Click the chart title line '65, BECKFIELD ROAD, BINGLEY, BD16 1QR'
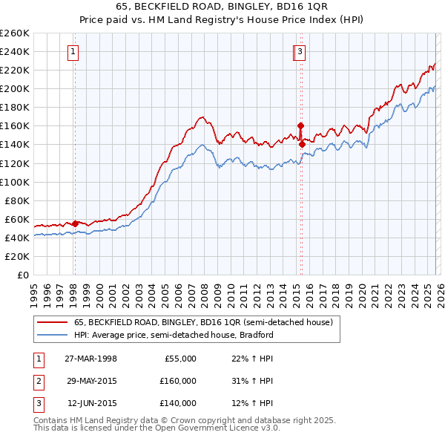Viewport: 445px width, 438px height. tap(222, 7)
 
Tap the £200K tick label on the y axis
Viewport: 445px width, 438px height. tap(15, 88)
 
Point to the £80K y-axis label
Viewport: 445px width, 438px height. tap(17, 200)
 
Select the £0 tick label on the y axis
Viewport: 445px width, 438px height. tap(22, 275)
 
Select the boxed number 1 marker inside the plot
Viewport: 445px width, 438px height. tap(74, 51)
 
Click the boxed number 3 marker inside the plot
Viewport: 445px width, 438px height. tap(300, 51)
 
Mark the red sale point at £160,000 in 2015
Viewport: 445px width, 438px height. tap(300, 125)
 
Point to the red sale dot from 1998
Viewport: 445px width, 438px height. tap(75, 223)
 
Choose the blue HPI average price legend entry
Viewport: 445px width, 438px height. tap(174, 335)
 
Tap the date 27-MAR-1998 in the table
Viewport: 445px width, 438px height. tap(90, 359)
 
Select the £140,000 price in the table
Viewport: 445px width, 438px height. tap(178, 403)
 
